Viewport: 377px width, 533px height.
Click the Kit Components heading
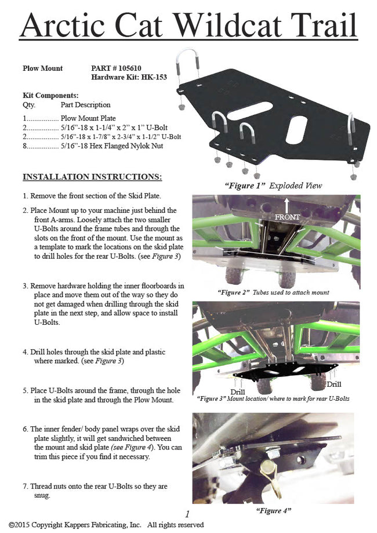click(x=50, y=95)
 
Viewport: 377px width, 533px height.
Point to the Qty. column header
click(x=28, y=105)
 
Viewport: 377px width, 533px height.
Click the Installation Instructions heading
click(x=92, y=176)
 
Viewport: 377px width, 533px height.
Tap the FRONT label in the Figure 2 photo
click(x=288, y=217)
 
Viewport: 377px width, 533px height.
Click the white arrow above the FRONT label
click(x=287, y=204)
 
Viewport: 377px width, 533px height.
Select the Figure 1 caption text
click(x=273, y=186)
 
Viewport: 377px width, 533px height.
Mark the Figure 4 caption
click(x=273, y=510)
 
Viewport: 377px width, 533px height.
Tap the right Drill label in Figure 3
click(x=333, y=384)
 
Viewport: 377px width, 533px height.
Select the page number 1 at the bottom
click(x=187, y=514)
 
